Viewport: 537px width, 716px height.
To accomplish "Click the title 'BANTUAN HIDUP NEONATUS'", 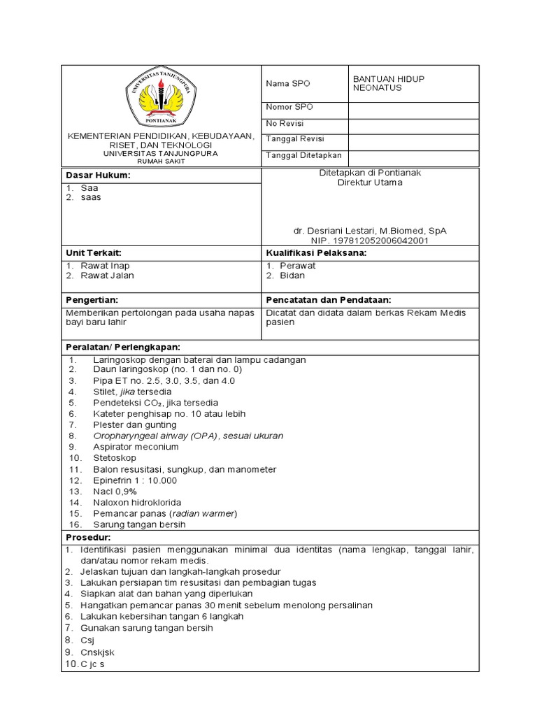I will click(x=389, y=84).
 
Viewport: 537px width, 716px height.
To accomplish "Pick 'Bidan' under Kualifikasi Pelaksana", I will click(x=292, y=275).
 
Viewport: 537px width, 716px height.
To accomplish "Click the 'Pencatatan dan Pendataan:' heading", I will click(x=328, y=299).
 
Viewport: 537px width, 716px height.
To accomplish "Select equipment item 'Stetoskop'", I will click(x=114, y=458).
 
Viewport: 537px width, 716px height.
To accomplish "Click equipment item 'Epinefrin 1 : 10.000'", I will click(x=135, y=480).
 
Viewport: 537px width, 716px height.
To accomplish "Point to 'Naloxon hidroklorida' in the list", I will click(x=137, y=503).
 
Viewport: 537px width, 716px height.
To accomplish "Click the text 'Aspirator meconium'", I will click(x=136, y=447).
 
